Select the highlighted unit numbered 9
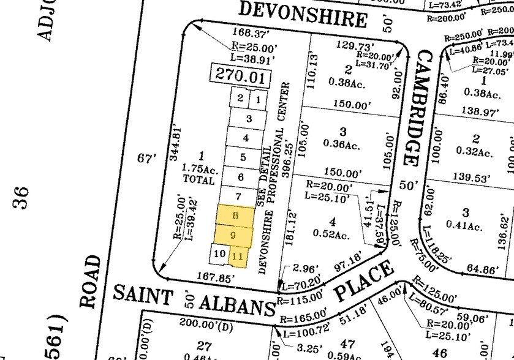tap(233, 235)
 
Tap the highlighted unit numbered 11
tap(238, 256)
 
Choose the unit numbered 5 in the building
tap(243, 157)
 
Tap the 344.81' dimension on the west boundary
tap(176, 141)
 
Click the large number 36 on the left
tap(23, 197)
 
